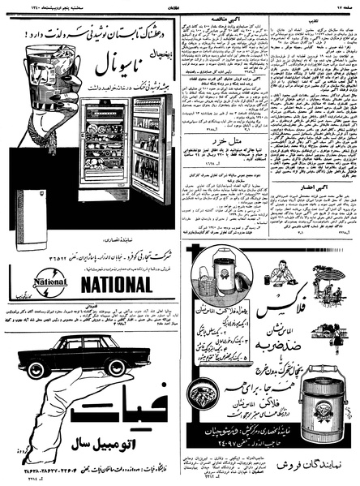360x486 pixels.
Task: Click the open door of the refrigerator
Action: [x=152, y=150]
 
